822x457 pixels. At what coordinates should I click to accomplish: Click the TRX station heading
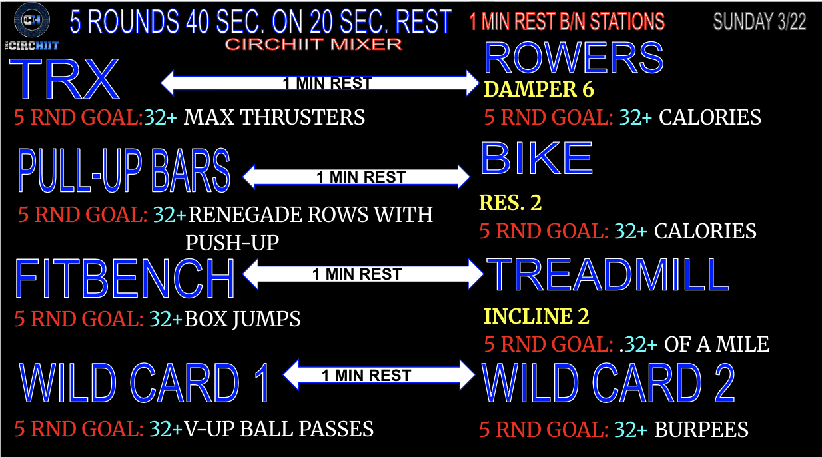click(x=65, y=79)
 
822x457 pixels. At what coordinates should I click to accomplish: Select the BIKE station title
click(x=536, y=158)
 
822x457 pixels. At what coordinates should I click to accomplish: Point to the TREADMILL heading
click(x=608, y=274)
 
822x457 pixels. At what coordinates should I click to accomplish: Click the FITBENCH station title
click(x=125, y=278)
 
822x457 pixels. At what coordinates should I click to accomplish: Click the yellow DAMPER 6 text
click(x=539, y=89)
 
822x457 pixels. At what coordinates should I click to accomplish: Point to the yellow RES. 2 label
click(x=510, y=203)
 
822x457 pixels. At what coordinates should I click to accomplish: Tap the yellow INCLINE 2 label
click(x=536, y=316)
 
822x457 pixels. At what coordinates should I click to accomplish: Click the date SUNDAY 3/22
click(x=759, y=21)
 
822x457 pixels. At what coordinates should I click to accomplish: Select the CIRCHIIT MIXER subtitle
click(x=313, y=45)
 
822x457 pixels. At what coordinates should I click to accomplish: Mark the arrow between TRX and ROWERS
click(x=320, y=83)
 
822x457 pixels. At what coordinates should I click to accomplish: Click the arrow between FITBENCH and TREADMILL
click(x=363, y=274)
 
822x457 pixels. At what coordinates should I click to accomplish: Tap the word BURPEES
click(x=701, y=430)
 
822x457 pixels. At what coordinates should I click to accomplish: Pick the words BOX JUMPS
click(x=242, y=319)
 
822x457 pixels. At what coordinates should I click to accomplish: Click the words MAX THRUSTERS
click(x=274, y=117)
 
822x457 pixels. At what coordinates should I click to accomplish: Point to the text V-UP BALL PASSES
click(x=278, y=428)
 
